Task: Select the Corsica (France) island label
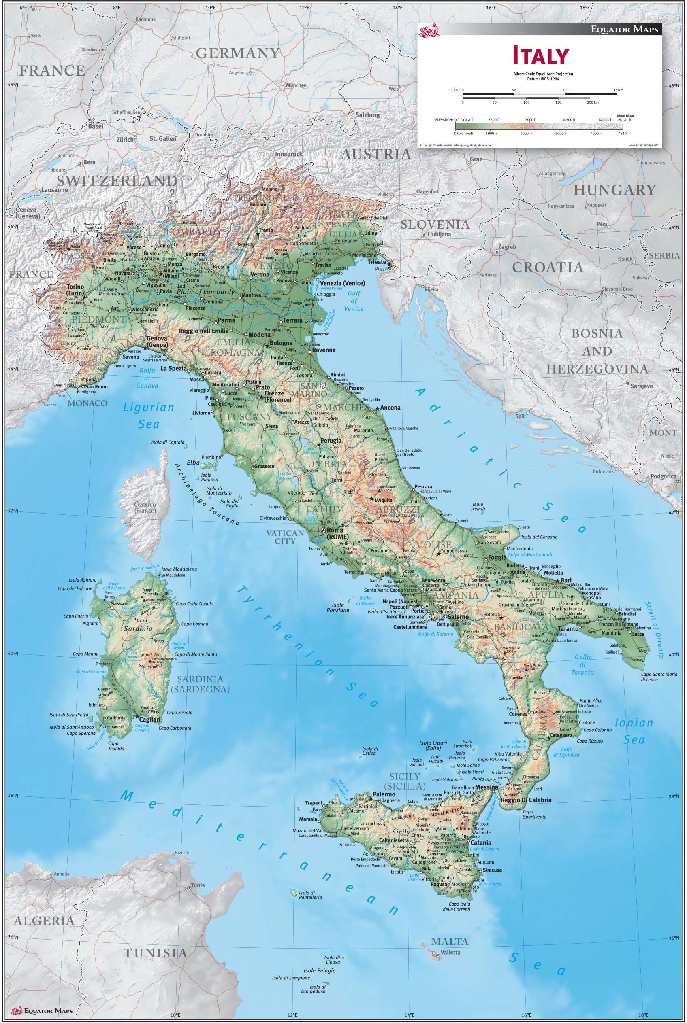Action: point(145,507)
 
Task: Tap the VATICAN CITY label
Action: point(285,537)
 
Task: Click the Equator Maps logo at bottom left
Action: point(42,1011)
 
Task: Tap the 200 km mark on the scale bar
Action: point(592,102)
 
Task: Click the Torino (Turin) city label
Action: point(75,290)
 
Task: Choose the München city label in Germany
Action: point(296,85)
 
